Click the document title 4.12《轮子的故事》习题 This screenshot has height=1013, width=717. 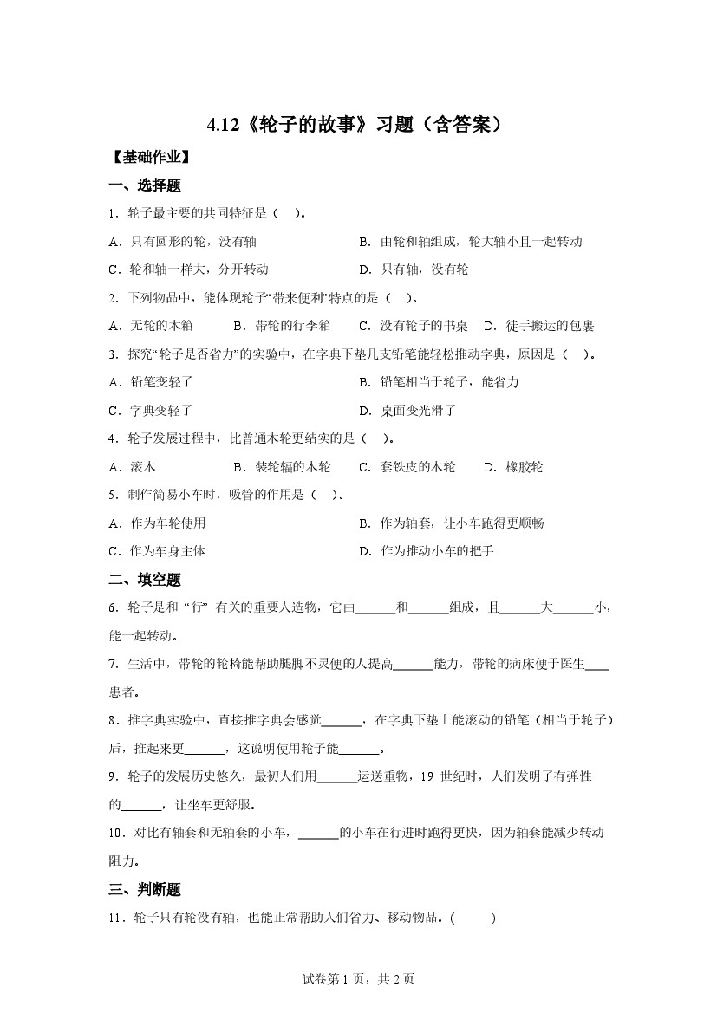tap(355, 126)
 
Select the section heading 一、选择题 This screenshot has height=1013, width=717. tap(145, 185)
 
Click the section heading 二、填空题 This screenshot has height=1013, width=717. tap(145, 580)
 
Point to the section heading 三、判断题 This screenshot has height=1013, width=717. tap(145, 889)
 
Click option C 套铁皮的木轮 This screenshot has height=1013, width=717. tap(407, 467)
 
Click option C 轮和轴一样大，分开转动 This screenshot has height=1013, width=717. tap(189, 269)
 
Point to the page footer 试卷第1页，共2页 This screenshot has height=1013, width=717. tap(358, 979)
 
